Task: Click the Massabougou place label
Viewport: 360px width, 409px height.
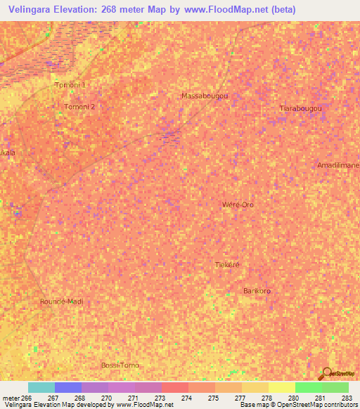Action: [205, 95]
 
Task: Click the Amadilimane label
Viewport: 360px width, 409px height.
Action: [338, 164]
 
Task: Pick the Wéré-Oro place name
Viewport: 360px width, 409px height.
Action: [238, 204]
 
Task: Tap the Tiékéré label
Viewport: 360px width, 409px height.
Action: [227, 264]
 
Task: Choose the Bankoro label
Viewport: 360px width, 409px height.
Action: [257, 290]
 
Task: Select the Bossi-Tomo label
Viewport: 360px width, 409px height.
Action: [120, 365]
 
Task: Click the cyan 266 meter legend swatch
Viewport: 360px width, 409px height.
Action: [41, 387]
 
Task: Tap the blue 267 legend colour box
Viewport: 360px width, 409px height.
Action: [67, 387]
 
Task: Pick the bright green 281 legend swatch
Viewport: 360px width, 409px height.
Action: [308, 387]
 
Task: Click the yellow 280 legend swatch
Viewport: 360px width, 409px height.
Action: [281, 387]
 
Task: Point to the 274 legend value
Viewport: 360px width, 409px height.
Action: [186, 398]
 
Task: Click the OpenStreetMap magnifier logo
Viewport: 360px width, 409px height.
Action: [328, 373]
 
